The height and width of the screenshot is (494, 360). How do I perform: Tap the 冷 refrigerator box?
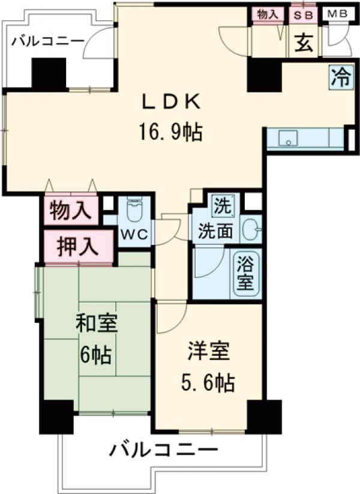click(340, 77)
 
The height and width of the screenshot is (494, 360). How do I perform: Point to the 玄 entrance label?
click(304, 43)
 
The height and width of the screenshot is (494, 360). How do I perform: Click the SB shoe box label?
click(304, 14)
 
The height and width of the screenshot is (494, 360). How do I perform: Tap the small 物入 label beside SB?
click(268, 14)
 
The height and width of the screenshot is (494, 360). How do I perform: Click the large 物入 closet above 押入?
click(70, 211)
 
